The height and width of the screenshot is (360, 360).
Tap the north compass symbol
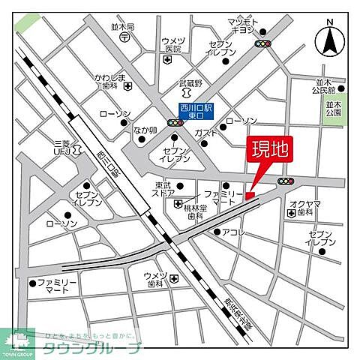[x=330, y=40]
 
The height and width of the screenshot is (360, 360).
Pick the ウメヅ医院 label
[x=173, y=44]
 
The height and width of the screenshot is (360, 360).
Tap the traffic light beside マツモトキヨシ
[x=263, y=44]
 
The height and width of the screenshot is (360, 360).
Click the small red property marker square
[x=250, y=196]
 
